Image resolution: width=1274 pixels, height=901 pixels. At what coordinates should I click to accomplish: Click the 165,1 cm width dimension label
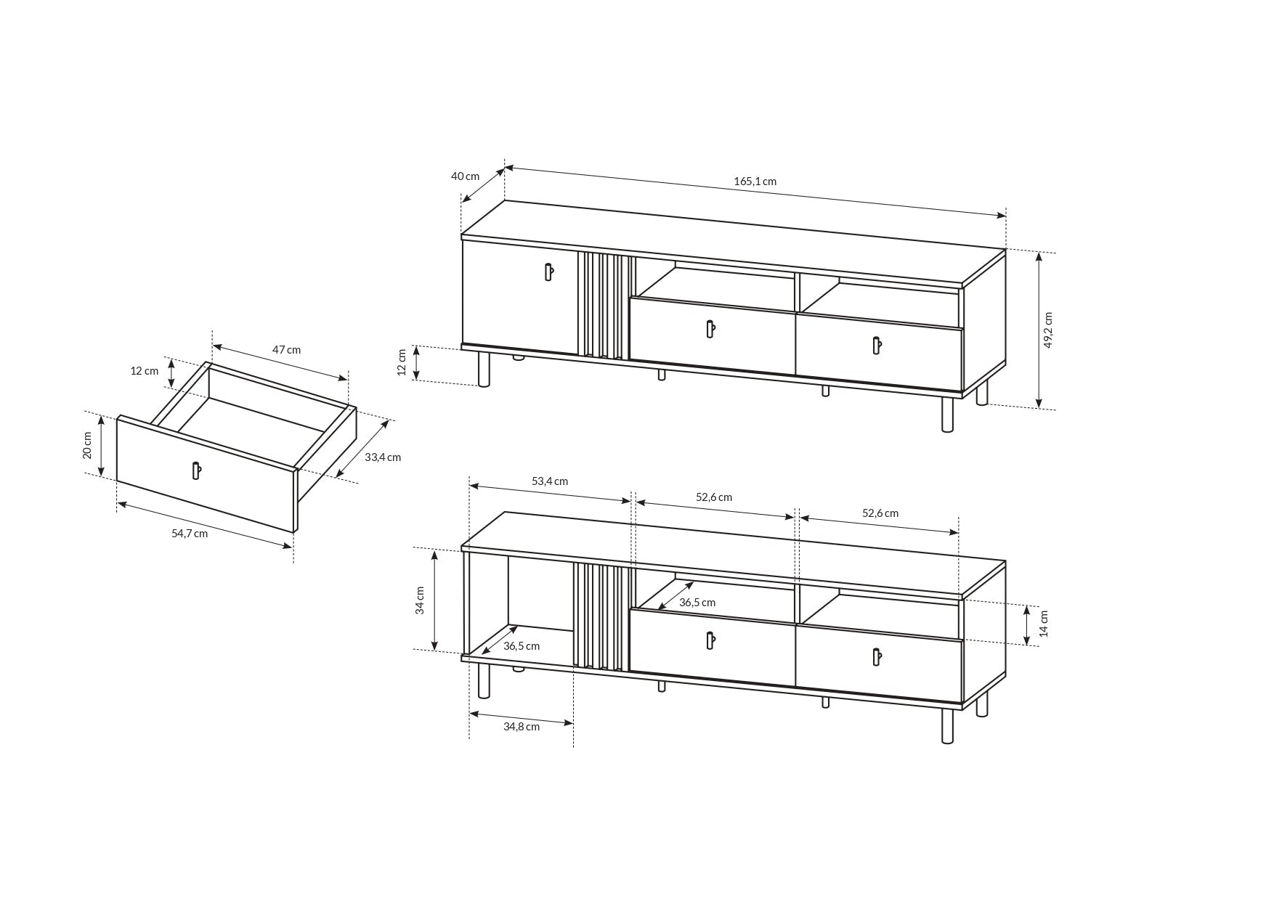pyautogui.click(x=755, y=182)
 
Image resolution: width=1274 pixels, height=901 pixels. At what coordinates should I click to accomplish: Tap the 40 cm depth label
pyautogui.click(x=465, y=176)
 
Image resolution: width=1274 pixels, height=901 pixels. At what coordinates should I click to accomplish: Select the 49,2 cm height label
pyautogui.click(x=1048, y=330)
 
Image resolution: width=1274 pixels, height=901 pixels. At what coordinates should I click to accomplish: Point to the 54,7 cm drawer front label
pyautogui.click(x=190, y=534)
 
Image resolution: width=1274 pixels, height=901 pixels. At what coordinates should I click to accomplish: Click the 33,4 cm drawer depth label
pyautogui.click(x=383, y=457)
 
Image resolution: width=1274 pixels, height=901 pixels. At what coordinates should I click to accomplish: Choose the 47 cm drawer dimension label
pyautogui.click(x=286, y=350)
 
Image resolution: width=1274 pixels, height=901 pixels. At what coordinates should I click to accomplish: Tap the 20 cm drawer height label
pyautogui.click(x=87, y=445)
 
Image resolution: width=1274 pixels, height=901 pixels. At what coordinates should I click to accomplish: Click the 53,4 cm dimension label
pyautogui.click(x=550, y=481)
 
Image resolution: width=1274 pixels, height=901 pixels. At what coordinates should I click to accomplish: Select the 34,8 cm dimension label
pyautogui.click(x=522, y=727)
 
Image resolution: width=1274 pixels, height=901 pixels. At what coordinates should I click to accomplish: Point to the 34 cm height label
pyautogui.click(x=420, y=600)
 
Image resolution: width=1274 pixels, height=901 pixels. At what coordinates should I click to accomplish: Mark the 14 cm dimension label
pyautogui.click(x=1044, y=624)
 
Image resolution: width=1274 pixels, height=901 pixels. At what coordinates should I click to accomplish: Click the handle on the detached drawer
pyautogui.click(x=195, y=470)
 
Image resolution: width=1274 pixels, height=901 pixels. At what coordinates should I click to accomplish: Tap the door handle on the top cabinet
pyautogui.click(x=548, y=272)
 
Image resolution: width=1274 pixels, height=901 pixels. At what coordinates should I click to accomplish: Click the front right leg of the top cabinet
pyautogui.click(x=947, y=415)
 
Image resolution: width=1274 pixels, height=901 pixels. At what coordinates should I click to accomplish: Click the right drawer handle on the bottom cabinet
pyautogui.click(x=876, y=656)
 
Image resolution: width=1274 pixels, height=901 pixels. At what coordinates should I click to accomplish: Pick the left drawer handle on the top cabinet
pyautogui.click(x=710, y=329)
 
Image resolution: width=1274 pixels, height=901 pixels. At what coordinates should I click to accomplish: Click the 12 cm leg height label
pyautogui.click(x=402, y=362)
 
